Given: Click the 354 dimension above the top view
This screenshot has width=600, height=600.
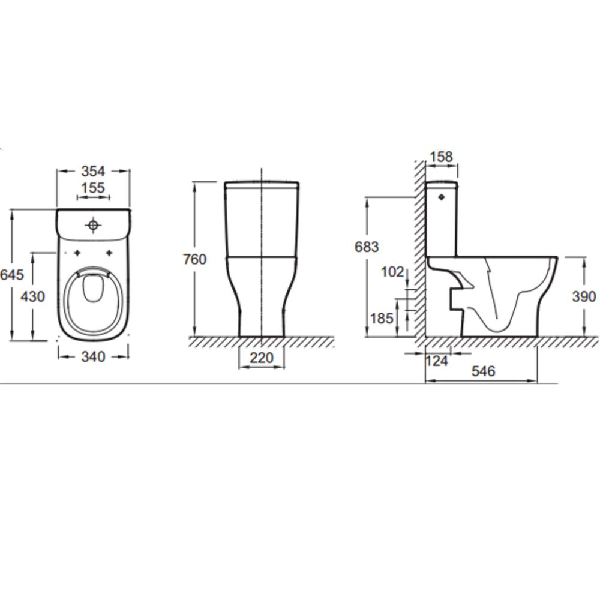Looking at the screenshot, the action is [93, 171].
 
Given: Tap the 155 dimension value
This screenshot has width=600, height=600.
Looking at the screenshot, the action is [93, 188].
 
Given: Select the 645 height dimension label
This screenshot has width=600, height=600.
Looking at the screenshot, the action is [12, 274].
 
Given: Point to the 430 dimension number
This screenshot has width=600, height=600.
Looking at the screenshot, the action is [32, 296].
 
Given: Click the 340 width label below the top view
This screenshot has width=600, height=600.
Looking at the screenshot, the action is [93, 357].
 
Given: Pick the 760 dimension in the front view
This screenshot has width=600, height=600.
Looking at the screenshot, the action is [195, 259].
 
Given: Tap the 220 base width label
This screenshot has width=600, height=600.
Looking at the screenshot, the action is [262, 358].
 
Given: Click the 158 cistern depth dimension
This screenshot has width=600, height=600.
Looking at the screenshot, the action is [441, 157].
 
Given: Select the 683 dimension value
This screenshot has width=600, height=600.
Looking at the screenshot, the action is [367, 247].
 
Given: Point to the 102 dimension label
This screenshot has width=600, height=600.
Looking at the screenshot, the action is [392, 272].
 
